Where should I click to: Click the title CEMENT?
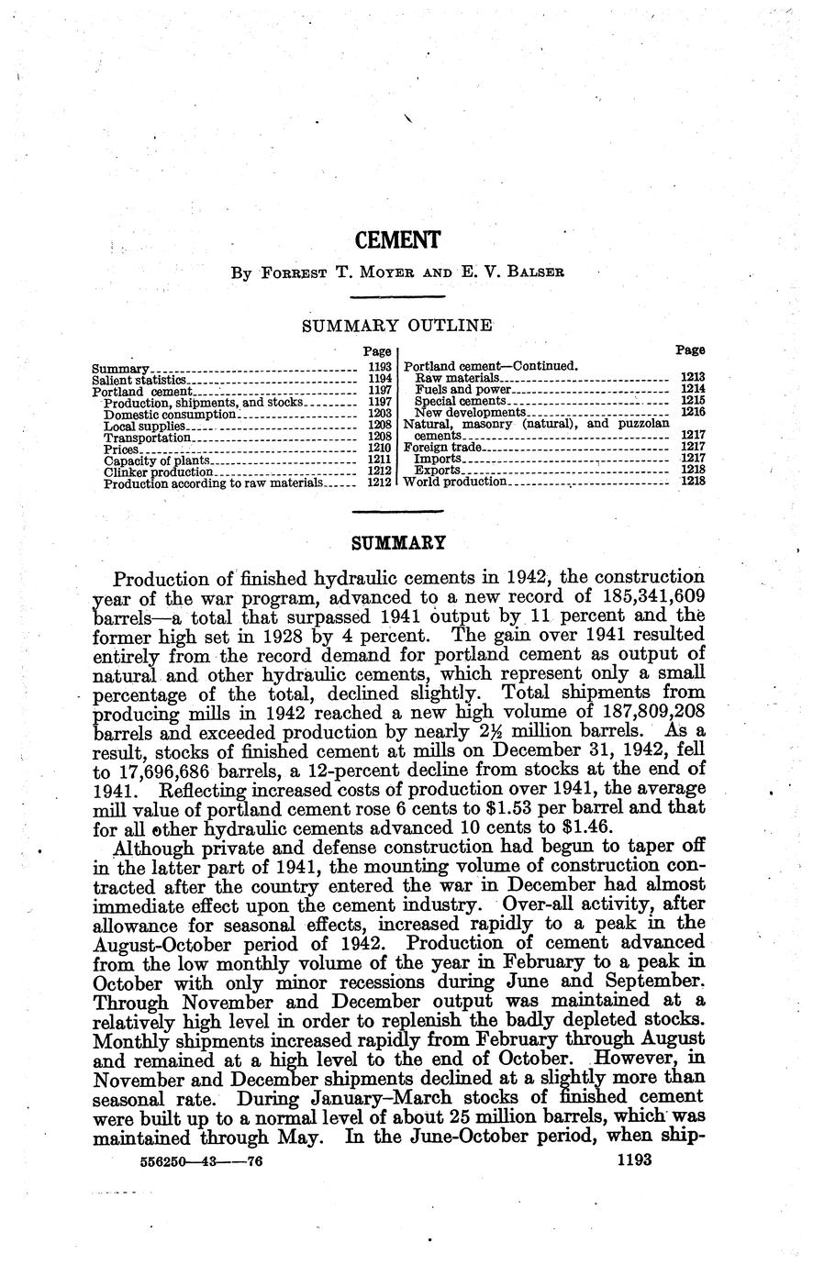point(397,240)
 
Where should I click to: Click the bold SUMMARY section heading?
point(398,543)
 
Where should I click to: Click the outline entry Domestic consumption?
point(171,414)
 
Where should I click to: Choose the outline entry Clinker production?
point(158,472)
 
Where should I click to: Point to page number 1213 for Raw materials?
point(693,377)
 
